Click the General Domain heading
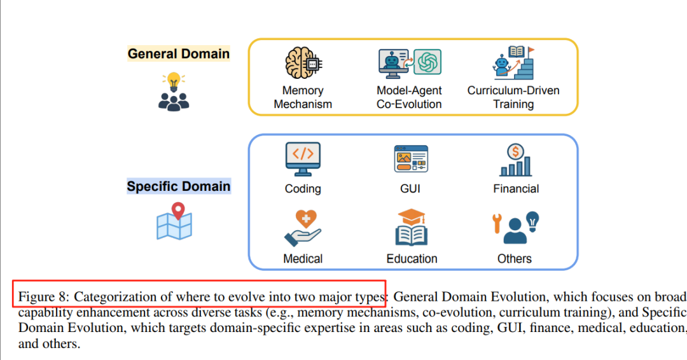179,54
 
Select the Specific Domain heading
179,186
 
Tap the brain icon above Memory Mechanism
303,63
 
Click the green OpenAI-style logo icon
427,62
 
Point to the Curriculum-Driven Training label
513,97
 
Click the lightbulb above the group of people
174,81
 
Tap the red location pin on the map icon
178,211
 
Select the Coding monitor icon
303,159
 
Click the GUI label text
410,189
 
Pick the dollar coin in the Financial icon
515,152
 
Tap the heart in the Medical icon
306,219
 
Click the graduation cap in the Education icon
412,216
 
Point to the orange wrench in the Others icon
497,223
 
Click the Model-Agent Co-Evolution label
409,97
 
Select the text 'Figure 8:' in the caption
44,297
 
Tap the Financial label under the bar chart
516,189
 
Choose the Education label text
412,259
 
